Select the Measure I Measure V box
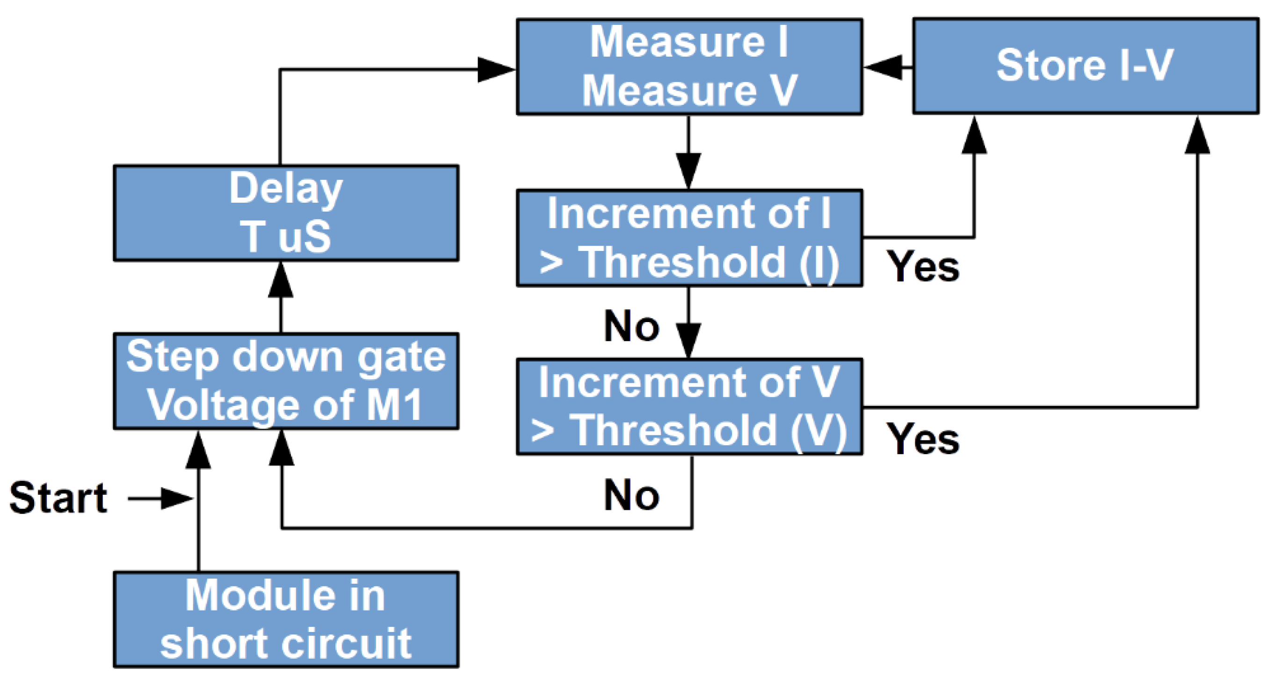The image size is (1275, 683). pos(689,67)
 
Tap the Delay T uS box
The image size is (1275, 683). pos(286,213)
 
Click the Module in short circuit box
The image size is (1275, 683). pos(286,619)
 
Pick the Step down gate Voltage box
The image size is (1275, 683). pos(286,381)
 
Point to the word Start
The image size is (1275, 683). pos(58,498)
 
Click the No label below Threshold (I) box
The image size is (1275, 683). pos(631,326)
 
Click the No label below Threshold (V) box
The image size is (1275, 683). pos(631,495)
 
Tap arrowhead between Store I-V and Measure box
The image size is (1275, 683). pos(884,66)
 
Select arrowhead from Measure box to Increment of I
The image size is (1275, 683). pos(688,170)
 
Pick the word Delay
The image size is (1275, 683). pos(286,189)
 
